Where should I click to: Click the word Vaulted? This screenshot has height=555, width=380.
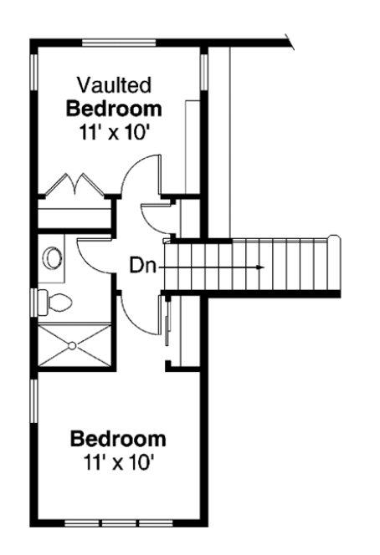(114, 84)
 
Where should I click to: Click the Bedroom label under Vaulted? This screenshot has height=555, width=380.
(114, 109)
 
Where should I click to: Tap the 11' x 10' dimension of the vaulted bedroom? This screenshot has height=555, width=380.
(114, 132)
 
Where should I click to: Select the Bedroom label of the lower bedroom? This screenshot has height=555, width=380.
(118, 439)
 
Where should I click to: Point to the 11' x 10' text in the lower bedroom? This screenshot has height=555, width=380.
(118, 461)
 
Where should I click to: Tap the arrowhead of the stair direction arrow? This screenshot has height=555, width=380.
(261, 267)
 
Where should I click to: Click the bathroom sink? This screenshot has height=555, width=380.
(54, 258)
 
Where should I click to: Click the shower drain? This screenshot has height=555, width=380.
(74, 344)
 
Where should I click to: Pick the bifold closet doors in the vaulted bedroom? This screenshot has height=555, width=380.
(73, 186)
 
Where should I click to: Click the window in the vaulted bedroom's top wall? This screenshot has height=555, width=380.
(118, 41)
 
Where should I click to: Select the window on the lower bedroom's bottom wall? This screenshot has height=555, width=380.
(101, 523)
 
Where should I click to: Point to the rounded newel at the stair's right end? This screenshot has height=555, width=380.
(336, 241)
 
